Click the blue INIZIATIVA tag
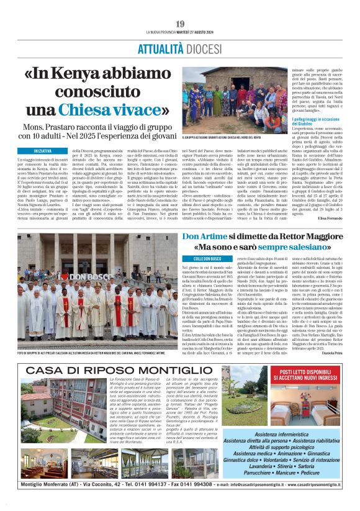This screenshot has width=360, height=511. pyautogui.click(x=43, y=151)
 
